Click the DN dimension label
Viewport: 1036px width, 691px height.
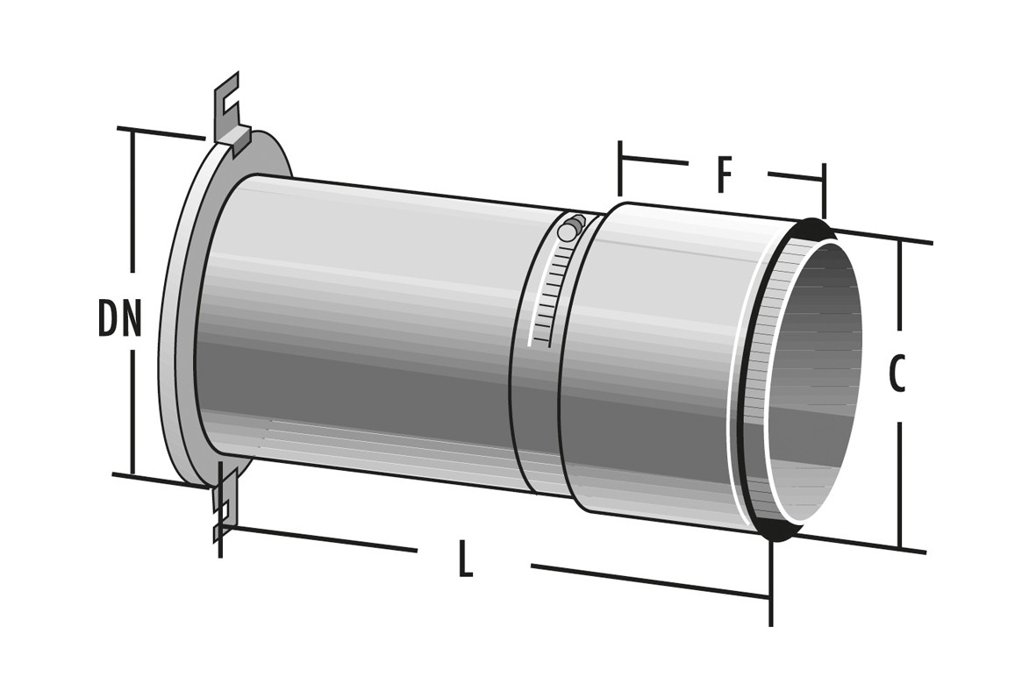pyautogui.click(x=119, y=317)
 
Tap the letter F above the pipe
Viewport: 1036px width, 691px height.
pyautogui.click(x=725, y=175)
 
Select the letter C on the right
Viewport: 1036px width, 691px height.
pyautogui.click(x=896, y=374)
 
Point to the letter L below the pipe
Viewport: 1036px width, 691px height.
pyautogui.click(x=466, y=559)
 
